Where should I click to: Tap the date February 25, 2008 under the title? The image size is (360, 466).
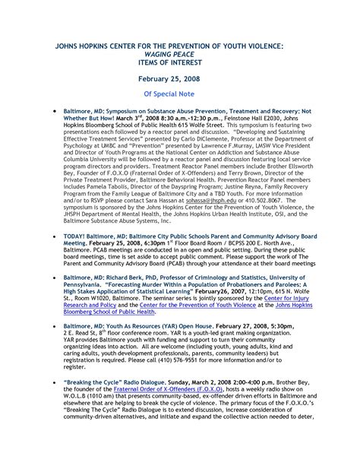(180, 79)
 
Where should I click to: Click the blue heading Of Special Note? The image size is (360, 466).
(180, 96)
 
